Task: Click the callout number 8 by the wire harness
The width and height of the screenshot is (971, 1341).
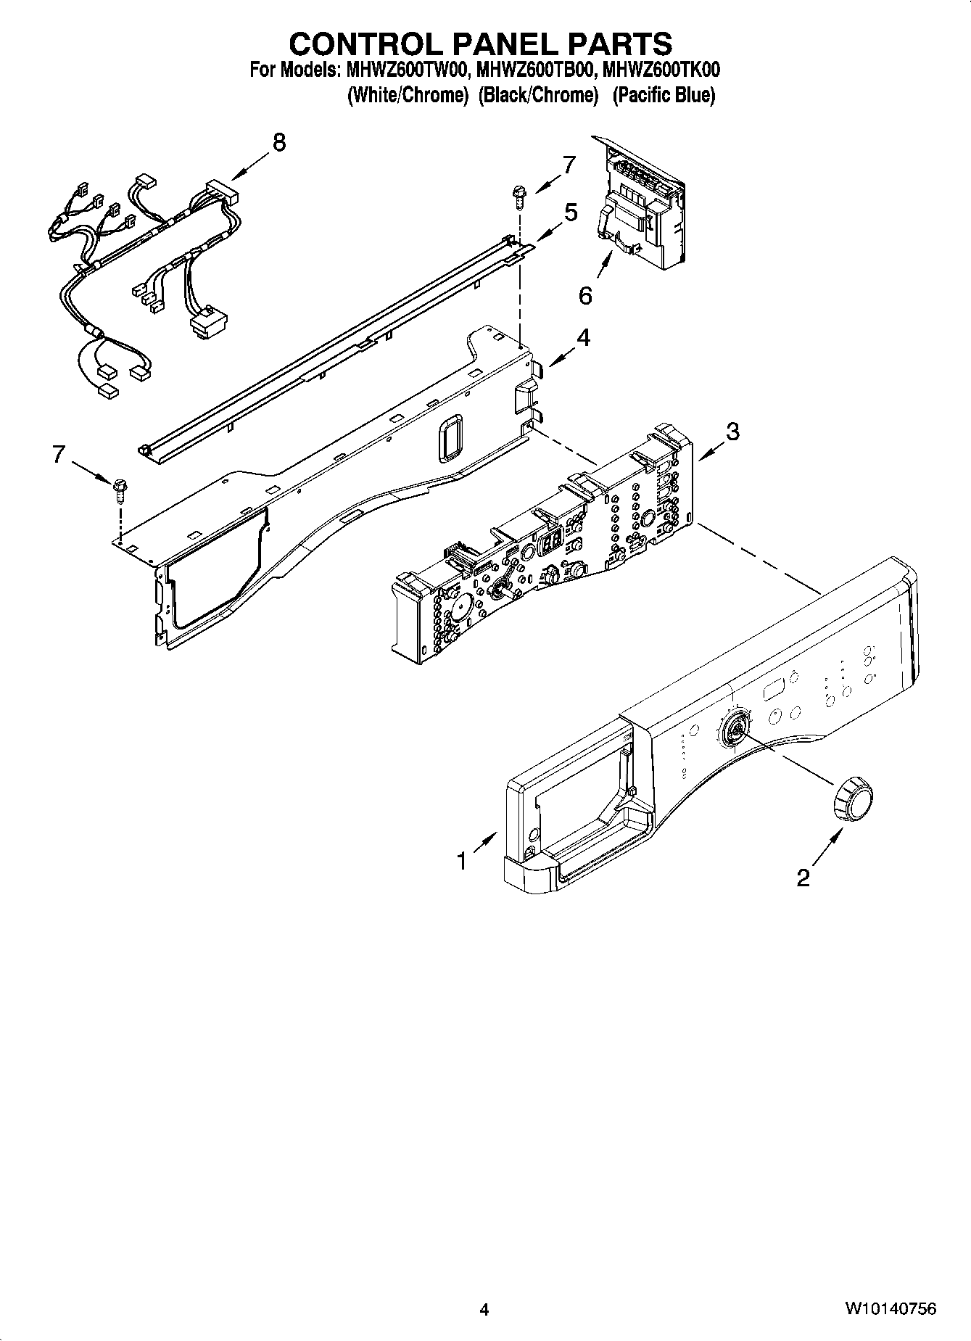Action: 278,142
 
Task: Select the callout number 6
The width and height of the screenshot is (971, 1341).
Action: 585,295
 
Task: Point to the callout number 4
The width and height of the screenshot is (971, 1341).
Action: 582,338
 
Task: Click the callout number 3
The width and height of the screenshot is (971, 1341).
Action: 732,432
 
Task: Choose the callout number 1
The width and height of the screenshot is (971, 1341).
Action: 461,861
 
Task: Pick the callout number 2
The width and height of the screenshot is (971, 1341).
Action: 803,878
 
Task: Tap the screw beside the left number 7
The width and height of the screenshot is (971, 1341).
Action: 117,490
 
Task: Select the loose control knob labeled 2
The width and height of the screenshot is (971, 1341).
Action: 852,798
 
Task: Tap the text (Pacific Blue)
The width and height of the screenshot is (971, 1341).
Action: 664,95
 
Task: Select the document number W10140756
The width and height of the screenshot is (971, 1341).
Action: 889,1308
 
